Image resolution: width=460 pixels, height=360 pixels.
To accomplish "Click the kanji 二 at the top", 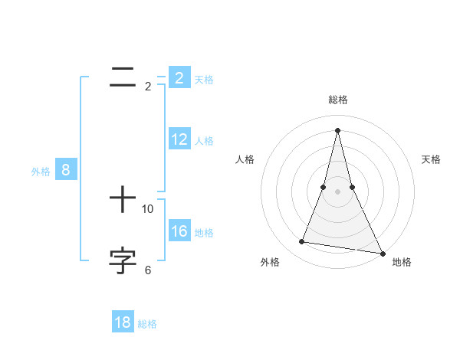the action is pos(123,76).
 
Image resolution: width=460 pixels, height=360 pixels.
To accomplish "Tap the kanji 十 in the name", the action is pos(123,201).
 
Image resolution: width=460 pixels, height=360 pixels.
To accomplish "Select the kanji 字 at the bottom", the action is pos(123,260).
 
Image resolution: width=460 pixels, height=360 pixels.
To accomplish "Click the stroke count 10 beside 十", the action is pos(148,209).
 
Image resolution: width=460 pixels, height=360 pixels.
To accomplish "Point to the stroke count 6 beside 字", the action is pos(148,270).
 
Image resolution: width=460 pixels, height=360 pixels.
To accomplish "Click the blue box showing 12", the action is pos(179,139).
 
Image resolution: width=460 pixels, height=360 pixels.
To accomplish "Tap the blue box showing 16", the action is pos(179,231).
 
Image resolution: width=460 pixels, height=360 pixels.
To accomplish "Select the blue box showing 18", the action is pos(123,322).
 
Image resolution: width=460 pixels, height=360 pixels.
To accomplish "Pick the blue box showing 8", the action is pos(66,171).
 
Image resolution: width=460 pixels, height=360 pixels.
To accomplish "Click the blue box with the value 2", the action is pos(179,78).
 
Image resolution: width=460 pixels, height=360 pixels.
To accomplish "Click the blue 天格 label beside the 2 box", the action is pos(204,79).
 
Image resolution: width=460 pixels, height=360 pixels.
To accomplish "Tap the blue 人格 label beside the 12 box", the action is pos(204,141).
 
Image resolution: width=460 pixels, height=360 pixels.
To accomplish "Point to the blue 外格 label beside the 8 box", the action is pos(41,172).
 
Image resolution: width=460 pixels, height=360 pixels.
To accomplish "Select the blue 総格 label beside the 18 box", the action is pos(147,324).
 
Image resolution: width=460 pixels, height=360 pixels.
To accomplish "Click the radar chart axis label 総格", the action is pos(338,100).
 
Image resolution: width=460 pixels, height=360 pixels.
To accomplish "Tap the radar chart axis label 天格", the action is pos(431,159).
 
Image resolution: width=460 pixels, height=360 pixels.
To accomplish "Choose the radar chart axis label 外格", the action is pos(270,262).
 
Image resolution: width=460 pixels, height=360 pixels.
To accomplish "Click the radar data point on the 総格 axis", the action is pos(338,129).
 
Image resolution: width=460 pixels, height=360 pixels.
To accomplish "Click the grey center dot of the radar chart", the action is pos(338,191).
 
